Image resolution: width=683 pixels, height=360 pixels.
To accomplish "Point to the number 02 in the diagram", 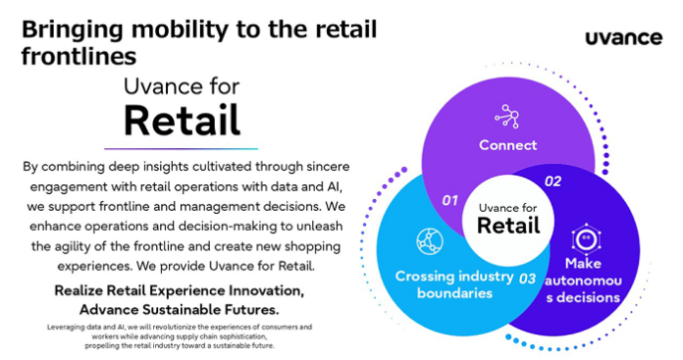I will coord(552,181).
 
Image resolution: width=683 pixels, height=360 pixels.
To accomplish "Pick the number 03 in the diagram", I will coord(527,279).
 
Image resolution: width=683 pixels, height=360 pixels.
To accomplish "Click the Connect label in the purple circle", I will coord(507,145).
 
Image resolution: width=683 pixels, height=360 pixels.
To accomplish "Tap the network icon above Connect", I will coord(507,116).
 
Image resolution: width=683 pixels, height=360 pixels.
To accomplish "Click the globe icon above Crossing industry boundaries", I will coord(430,240).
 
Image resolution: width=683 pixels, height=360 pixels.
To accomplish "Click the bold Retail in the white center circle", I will coord(508,226).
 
